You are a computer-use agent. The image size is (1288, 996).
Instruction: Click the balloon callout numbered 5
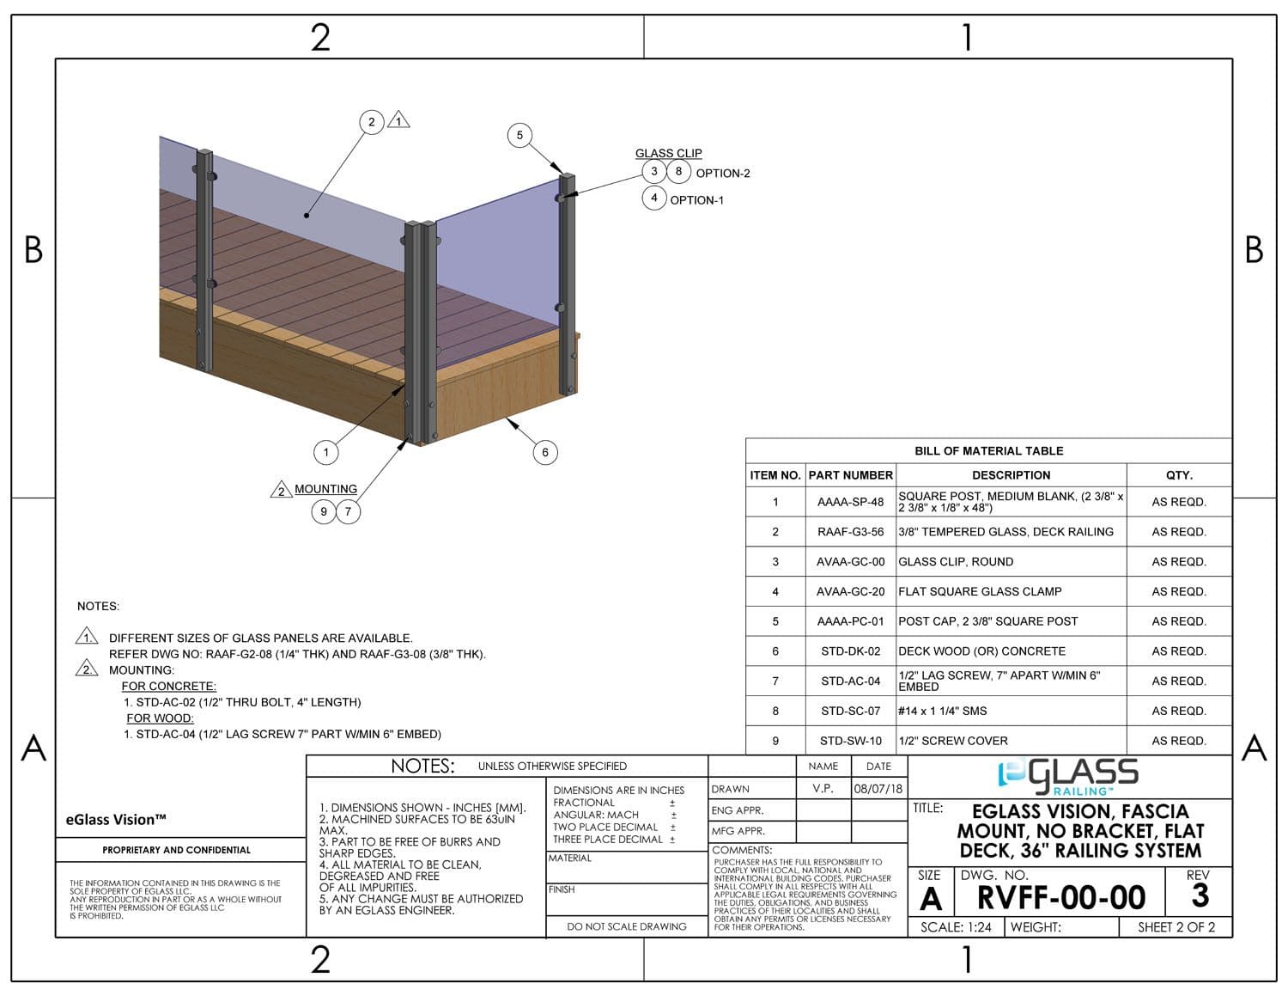tap(519, 135)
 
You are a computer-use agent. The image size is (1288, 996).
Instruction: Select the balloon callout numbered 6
tap(545, 452)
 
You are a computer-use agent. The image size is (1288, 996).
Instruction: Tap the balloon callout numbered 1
tap(326, 452)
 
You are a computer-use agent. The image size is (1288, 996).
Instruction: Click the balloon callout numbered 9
tap(324, 511)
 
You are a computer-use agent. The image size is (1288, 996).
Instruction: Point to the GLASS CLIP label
tap(668, 153)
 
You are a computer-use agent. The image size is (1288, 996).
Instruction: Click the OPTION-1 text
tap(696, 200)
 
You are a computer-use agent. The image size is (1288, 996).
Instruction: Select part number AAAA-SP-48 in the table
tap(850, 502)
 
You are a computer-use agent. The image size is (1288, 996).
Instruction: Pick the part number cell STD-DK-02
tap(850, 651)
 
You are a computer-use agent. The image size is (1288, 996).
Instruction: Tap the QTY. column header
tap(1179, 475)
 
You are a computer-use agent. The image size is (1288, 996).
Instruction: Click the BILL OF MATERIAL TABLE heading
tap(988, 451)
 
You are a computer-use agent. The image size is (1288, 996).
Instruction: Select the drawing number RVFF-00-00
tap(1061, 898)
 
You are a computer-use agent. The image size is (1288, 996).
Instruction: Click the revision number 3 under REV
tap(1200, 896)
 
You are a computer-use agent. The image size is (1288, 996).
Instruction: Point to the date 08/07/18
tap(878, 789)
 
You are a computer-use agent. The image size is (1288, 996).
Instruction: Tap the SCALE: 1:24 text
tap(956, 927)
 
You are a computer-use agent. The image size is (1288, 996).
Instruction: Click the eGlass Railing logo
tap(1068, 776)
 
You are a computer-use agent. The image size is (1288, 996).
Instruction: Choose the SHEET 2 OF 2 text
tap(1176, 927)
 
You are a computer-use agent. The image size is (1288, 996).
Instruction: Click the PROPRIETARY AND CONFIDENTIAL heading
tap(176, 850)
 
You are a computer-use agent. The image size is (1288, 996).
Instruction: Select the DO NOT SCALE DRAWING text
tap(627, 926)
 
